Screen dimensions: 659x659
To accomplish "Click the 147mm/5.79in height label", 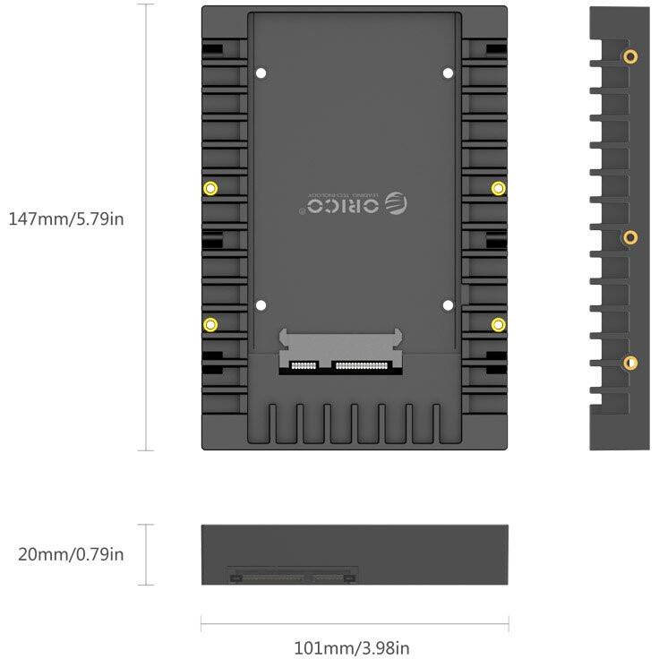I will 65,218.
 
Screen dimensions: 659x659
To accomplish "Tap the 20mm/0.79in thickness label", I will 71,554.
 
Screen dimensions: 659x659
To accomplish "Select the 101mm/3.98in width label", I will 352,647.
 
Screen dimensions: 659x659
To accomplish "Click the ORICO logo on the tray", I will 354,205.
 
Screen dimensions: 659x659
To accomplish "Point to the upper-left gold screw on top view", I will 210,188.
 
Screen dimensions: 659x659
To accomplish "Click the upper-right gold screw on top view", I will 499,187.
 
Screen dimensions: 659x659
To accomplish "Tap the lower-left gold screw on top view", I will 210,324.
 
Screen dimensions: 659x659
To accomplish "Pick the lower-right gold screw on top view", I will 499,323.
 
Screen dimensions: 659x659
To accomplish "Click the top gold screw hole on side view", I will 630,57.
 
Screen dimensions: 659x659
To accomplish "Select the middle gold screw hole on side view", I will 630,237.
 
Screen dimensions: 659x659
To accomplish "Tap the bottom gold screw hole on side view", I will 630,363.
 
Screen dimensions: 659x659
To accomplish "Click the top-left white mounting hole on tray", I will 261,73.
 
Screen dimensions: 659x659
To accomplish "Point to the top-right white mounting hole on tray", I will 448,73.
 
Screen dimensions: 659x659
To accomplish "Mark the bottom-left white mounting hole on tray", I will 261,305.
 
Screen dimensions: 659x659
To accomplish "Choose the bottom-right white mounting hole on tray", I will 448,305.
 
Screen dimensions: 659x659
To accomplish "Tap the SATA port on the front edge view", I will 293,574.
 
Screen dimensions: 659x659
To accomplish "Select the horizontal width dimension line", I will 355,624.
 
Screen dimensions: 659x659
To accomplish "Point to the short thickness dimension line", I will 147,554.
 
